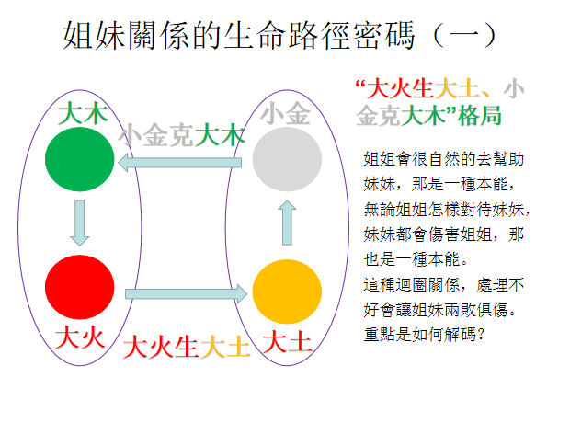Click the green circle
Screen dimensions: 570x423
coord(80,159)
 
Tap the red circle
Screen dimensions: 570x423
coord(80,287)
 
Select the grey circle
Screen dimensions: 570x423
coord(287,159)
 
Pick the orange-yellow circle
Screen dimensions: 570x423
coord(287,292)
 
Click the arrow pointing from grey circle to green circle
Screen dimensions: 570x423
coord(180,162)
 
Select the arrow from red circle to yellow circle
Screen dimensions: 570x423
coord(186,294)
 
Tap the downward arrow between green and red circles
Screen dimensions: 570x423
coord(80,223)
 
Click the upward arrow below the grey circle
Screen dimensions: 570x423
coord(287,223)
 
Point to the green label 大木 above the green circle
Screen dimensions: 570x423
coord(83,113)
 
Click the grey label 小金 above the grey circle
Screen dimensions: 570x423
coord(285,113)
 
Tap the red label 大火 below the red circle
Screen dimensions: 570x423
coord(80,337)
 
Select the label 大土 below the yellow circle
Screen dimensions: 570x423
coord(287,342)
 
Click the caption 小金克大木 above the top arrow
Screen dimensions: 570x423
coord(181,135)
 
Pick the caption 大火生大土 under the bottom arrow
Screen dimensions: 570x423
coord(187,347)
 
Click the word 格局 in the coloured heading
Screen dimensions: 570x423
coord(480,116)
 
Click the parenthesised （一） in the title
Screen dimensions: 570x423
coord(464,35)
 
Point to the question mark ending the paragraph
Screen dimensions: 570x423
coord(481,334)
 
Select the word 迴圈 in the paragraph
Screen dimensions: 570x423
coord(412,285)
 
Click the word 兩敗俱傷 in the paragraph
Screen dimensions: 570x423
coord(475,310)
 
